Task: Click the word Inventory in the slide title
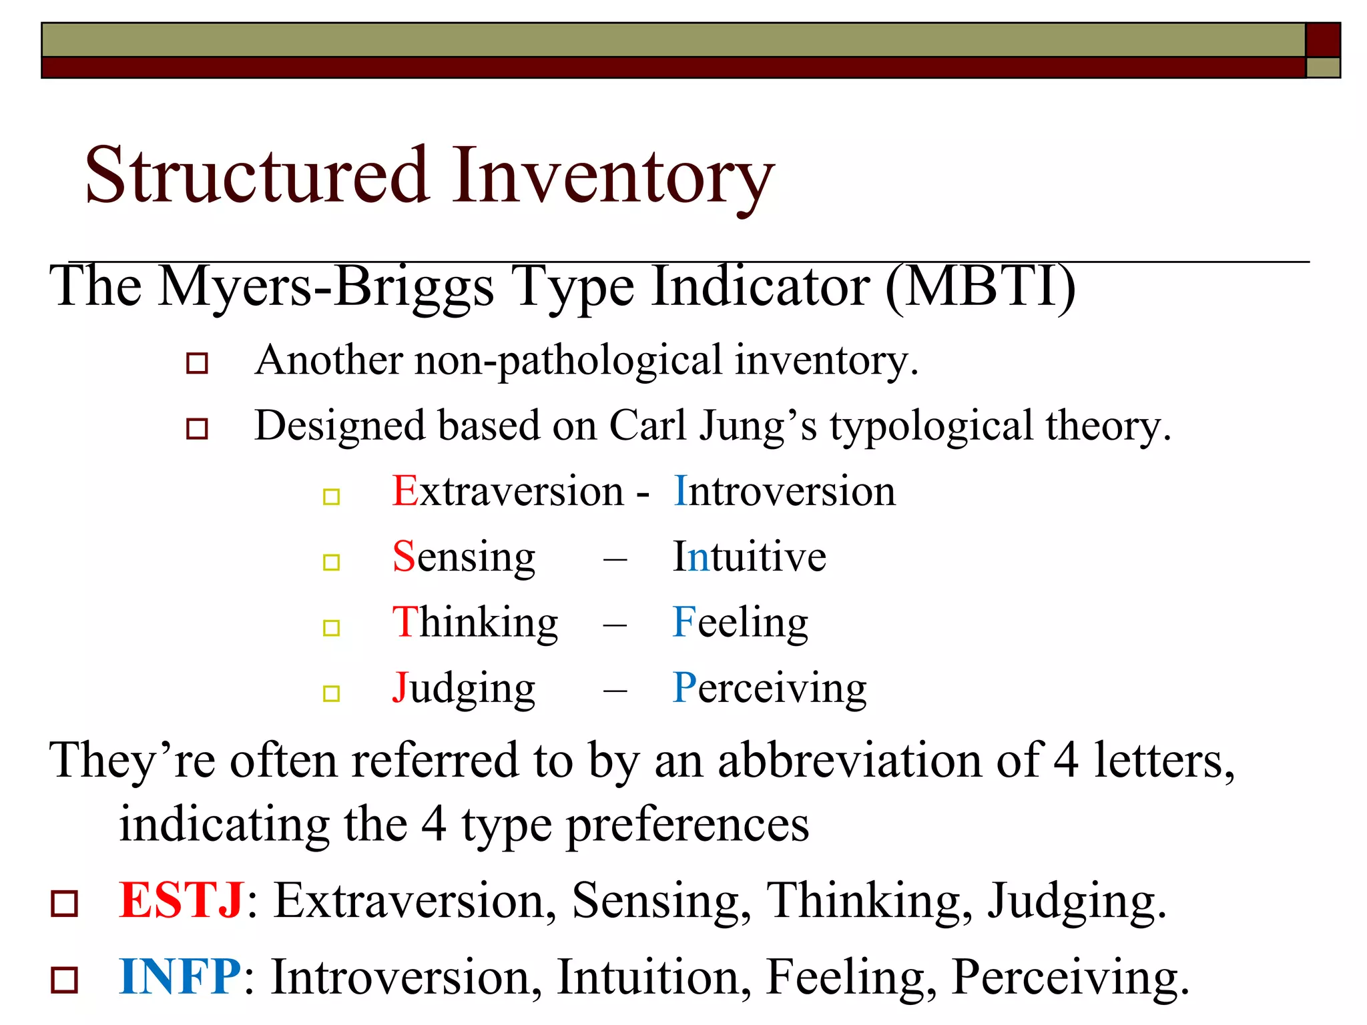point(613,177)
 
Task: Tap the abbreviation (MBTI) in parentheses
point(981,287)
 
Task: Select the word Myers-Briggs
point(326,287)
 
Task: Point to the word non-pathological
point(568,360)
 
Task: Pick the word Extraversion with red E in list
point(508,491)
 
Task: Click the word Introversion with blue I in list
point(784,491)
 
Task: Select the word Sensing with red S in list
point(464,557)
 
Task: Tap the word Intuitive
point(750,557)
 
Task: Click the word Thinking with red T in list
point(475,622)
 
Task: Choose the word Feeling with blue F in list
point(740,622)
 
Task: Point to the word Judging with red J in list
point(464,688)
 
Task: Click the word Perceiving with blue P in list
point(770,688)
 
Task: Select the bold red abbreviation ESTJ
point(181,901)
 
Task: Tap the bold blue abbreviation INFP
point(180,977)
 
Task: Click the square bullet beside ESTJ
point(65,904)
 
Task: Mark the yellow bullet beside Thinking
point(332,628)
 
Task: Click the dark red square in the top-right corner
point(1323,40)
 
